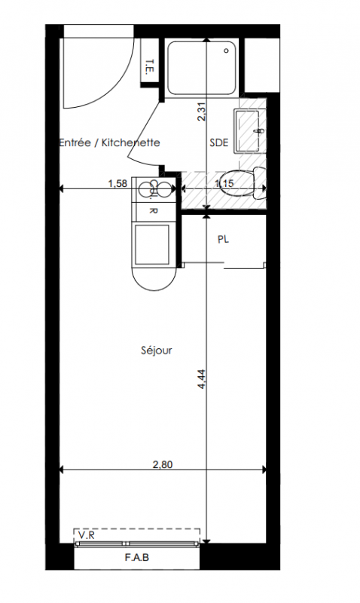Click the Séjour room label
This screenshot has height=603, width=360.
point(157,350)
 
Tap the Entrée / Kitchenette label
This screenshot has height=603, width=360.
point(109,142)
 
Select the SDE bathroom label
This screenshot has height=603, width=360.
point(219,142)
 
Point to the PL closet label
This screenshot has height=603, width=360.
point(223,239)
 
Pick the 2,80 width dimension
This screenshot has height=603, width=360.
point(163,464)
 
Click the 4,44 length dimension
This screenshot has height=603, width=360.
point(202,379)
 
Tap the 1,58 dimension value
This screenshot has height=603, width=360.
point(117,183)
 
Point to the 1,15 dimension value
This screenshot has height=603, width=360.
point(224,183)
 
